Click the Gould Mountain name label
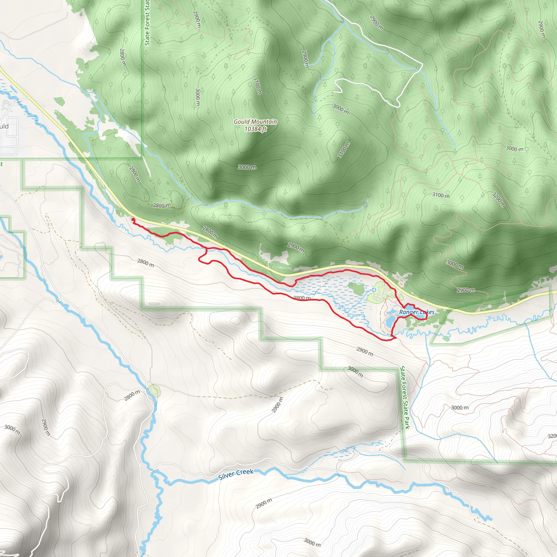tap(255, 122)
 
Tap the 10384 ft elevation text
tap(255, 129)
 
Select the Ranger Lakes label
tap(417, 312)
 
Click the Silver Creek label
tap(236, 474)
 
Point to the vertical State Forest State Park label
tap(405, 398)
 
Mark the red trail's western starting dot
tap(133, 220)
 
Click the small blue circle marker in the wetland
tap(374, 289)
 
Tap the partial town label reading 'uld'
tap(4, 126)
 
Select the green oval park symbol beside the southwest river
tap(155, 391)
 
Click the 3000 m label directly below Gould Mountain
tap(247, 167)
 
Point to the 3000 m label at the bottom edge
tap(312, 542)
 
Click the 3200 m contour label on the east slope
tap(499, 200)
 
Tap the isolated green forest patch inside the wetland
tap(357, 289)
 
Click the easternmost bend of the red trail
tap(427, 317)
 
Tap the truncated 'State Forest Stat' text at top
tap(147, 23)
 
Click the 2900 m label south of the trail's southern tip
tap(365, 351)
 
